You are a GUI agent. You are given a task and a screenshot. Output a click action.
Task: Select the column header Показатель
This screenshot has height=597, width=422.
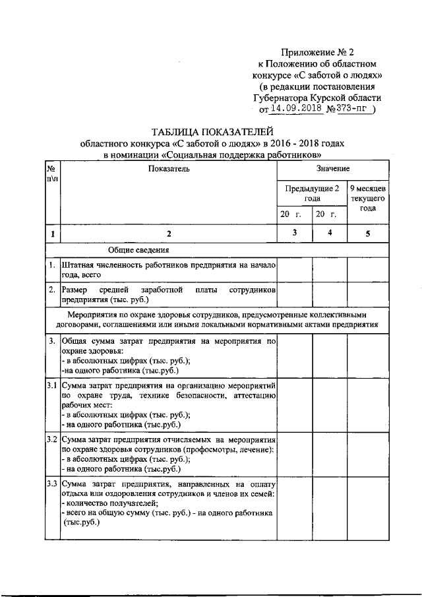point(169,170)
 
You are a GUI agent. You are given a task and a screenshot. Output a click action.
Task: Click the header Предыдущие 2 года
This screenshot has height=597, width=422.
point(312,193)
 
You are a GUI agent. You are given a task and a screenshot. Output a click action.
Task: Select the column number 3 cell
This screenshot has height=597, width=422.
point(294,232)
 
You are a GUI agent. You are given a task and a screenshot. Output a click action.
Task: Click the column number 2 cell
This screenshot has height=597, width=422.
point(168,233)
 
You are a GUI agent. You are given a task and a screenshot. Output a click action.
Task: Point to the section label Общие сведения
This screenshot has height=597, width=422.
point(138,250)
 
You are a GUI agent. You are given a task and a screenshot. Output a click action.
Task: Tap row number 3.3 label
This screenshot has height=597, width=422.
point(52,485)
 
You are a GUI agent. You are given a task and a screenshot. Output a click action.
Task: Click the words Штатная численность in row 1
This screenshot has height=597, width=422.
point(99,265)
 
